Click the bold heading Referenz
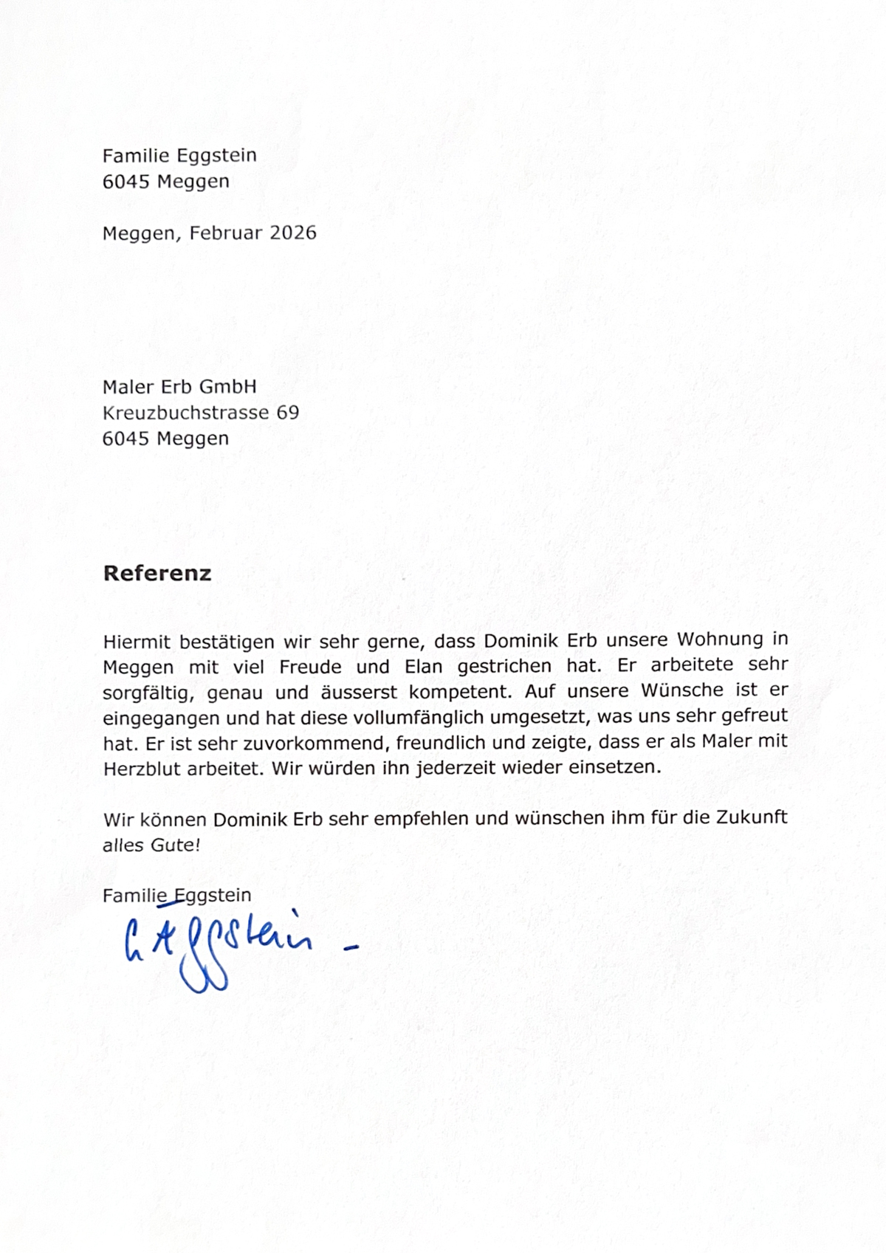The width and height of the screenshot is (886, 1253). click(157, 574)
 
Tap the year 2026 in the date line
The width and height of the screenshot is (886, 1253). click(293, 233)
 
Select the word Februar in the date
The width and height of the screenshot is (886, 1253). click(225, 233)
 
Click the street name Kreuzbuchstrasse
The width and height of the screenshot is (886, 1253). click(185, 412)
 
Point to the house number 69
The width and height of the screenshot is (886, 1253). click(288, 412)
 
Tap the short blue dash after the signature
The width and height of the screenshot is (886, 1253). click(351, 947)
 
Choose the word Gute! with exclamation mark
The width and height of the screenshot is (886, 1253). click(176, 844)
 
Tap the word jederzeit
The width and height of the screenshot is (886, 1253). click(455, 767)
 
